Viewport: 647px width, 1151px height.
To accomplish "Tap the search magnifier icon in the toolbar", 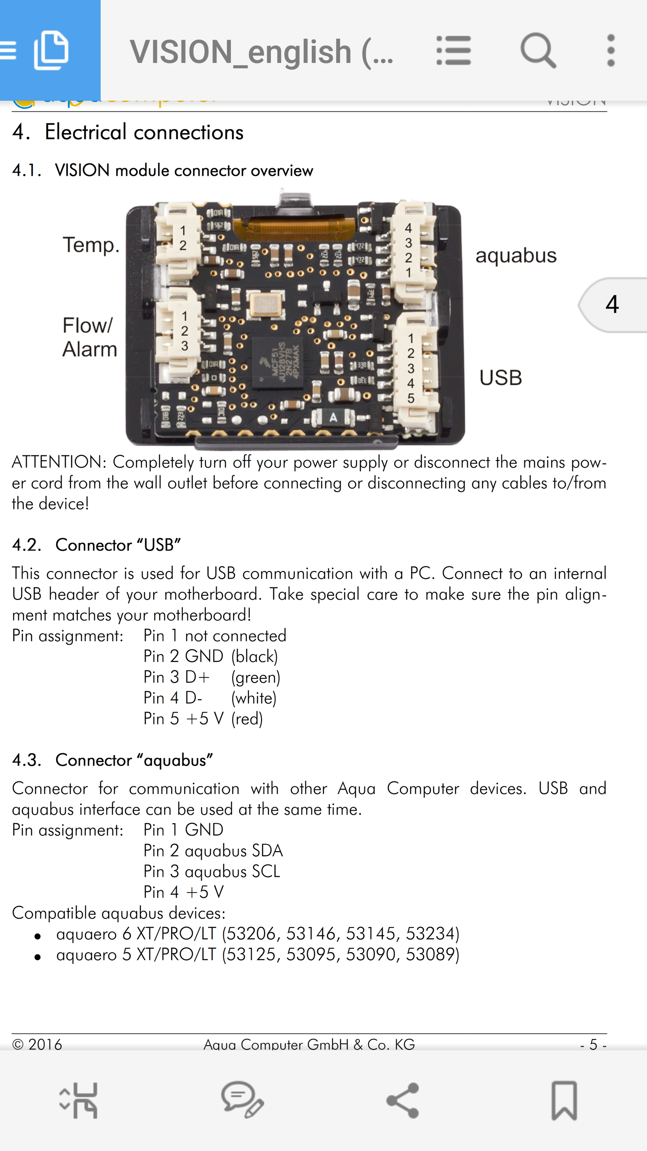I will pyautogui.click(x=538, y=50).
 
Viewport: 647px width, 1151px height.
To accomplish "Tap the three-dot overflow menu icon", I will pyautogui.click(x=611, y=50).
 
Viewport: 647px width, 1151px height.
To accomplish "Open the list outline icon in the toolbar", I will pyautogui.click(x=453, y=50).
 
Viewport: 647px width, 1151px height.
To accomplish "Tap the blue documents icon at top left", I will pyautogui.click(x=51, y=50).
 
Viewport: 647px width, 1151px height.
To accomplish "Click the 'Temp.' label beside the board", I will pyautogui.click(x=91, y=245).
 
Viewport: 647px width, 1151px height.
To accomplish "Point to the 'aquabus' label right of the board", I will pyautogui.click(x=516, y=256).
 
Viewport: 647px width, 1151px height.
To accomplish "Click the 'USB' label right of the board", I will pyautogui.click(x=501, y=378).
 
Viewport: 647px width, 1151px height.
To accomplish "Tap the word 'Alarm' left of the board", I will pyautogui.click(x=90, y=349).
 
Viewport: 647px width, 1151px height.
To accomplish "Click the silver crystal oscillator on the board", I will pyautogui.click(x=266, y=304).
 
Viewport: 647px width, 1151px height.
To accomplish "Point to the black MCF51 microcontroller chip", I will pyautogui.click(x=277, y=362).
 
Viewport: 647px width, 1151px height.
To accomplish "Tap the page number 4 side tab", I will pyautogui.click(x=612, y=305).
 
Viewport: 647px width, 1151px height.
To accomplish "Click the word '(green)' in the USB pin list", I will pyautogui.click(x=256, y=677).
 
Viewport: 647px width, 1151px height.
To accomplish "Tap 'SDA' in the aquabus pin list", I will pyautogui.click(x=267, y=851).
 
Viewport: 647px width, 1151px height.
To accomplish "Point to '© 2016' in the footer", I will pyautogui.click(x=37, y=1044).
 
